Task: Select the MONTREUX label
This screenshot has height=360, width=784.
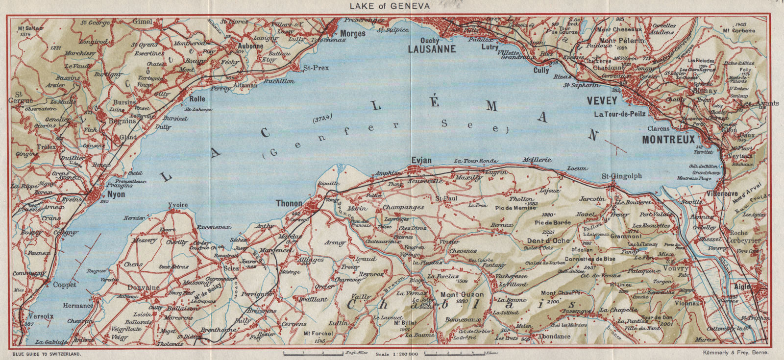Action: pos(668,139)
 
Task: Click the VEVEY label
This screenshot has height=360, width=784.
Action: pos(601,100)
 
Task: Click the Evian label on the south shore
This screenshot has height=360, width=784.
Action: pos(421,161)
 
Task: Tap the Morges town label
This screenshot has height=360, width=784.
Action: pos(353,34)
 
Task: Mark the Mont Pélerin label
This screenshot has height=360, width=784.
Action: pos(622,41)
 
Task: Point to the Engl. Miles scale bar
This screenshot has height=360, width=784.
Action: pos(314,353)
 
